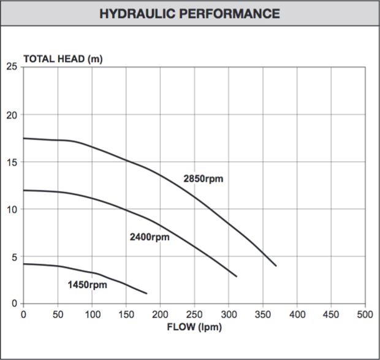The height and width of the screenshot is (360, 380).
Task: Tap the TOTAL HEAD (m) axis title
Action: point(63,59)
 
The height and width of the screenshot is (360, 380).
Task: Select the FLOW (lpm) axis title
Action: point(194,327)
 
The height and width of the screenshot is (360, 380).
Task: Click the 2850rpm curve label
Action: point(203,179)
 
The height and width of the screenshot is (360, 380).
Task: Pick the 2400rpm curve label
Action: point(150,237)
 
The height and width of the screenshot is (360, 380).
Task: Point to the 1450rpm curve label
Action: point(87,285)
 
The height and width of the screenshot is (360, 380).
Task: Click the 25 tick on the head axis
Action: point(12,67)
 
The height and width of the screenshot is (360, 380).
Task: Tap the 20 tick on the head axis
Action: point(12,115)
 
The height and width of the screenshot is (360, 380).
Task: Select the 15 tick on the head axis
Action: point(12,162)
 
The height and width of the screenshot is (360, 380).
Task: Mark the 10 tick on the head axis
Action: point(12,209)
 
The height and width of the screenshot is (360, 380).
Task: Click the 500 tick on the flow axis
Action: point(365,314)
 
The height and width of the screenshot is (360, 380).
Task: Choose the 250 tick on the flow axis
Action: point(194,314)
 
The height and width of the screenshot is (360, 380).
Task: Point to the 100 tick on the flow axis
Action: point(92,314)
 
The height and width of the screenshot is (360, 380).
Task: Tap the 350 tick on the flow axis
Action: point(263,314)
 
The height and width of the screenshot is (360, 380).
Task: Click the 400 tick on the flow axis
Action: point(297,314)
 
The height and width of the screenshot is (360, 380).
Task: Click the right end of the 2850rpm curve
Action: point(276,266)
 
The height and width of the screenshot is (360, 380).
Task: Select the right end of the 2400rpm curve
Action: point(237,277)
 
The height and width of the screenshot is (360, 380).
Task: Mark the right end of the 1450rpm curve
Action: point(147,293)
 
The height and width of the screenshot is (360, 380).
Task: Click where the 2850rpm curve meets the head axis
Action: point(24,138)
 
